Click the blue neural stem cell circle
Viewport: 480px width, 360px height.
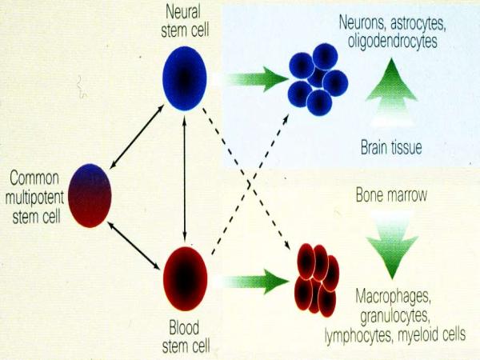coord(185,78)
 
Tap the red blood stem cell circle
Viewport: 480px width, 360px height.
coord(185,278)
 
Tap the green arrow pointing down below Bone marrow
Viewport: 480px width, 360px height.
coord(391,239)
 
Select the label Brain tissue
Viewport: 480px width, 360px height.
coord(391,148)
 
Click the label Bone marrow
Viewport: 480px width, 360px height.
coord(391,195)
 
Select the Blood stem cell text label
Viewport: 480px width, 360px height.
coord(185,336)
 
